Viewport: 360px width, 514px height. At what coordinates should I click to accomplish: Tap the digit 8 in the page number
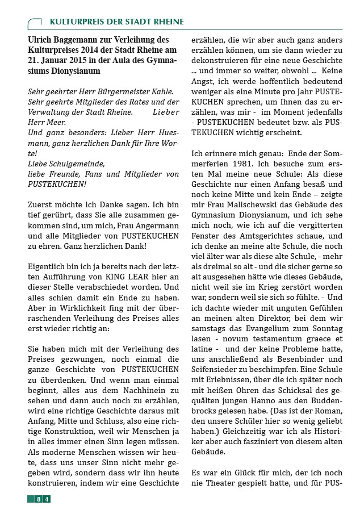click(x=38, y=499)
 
